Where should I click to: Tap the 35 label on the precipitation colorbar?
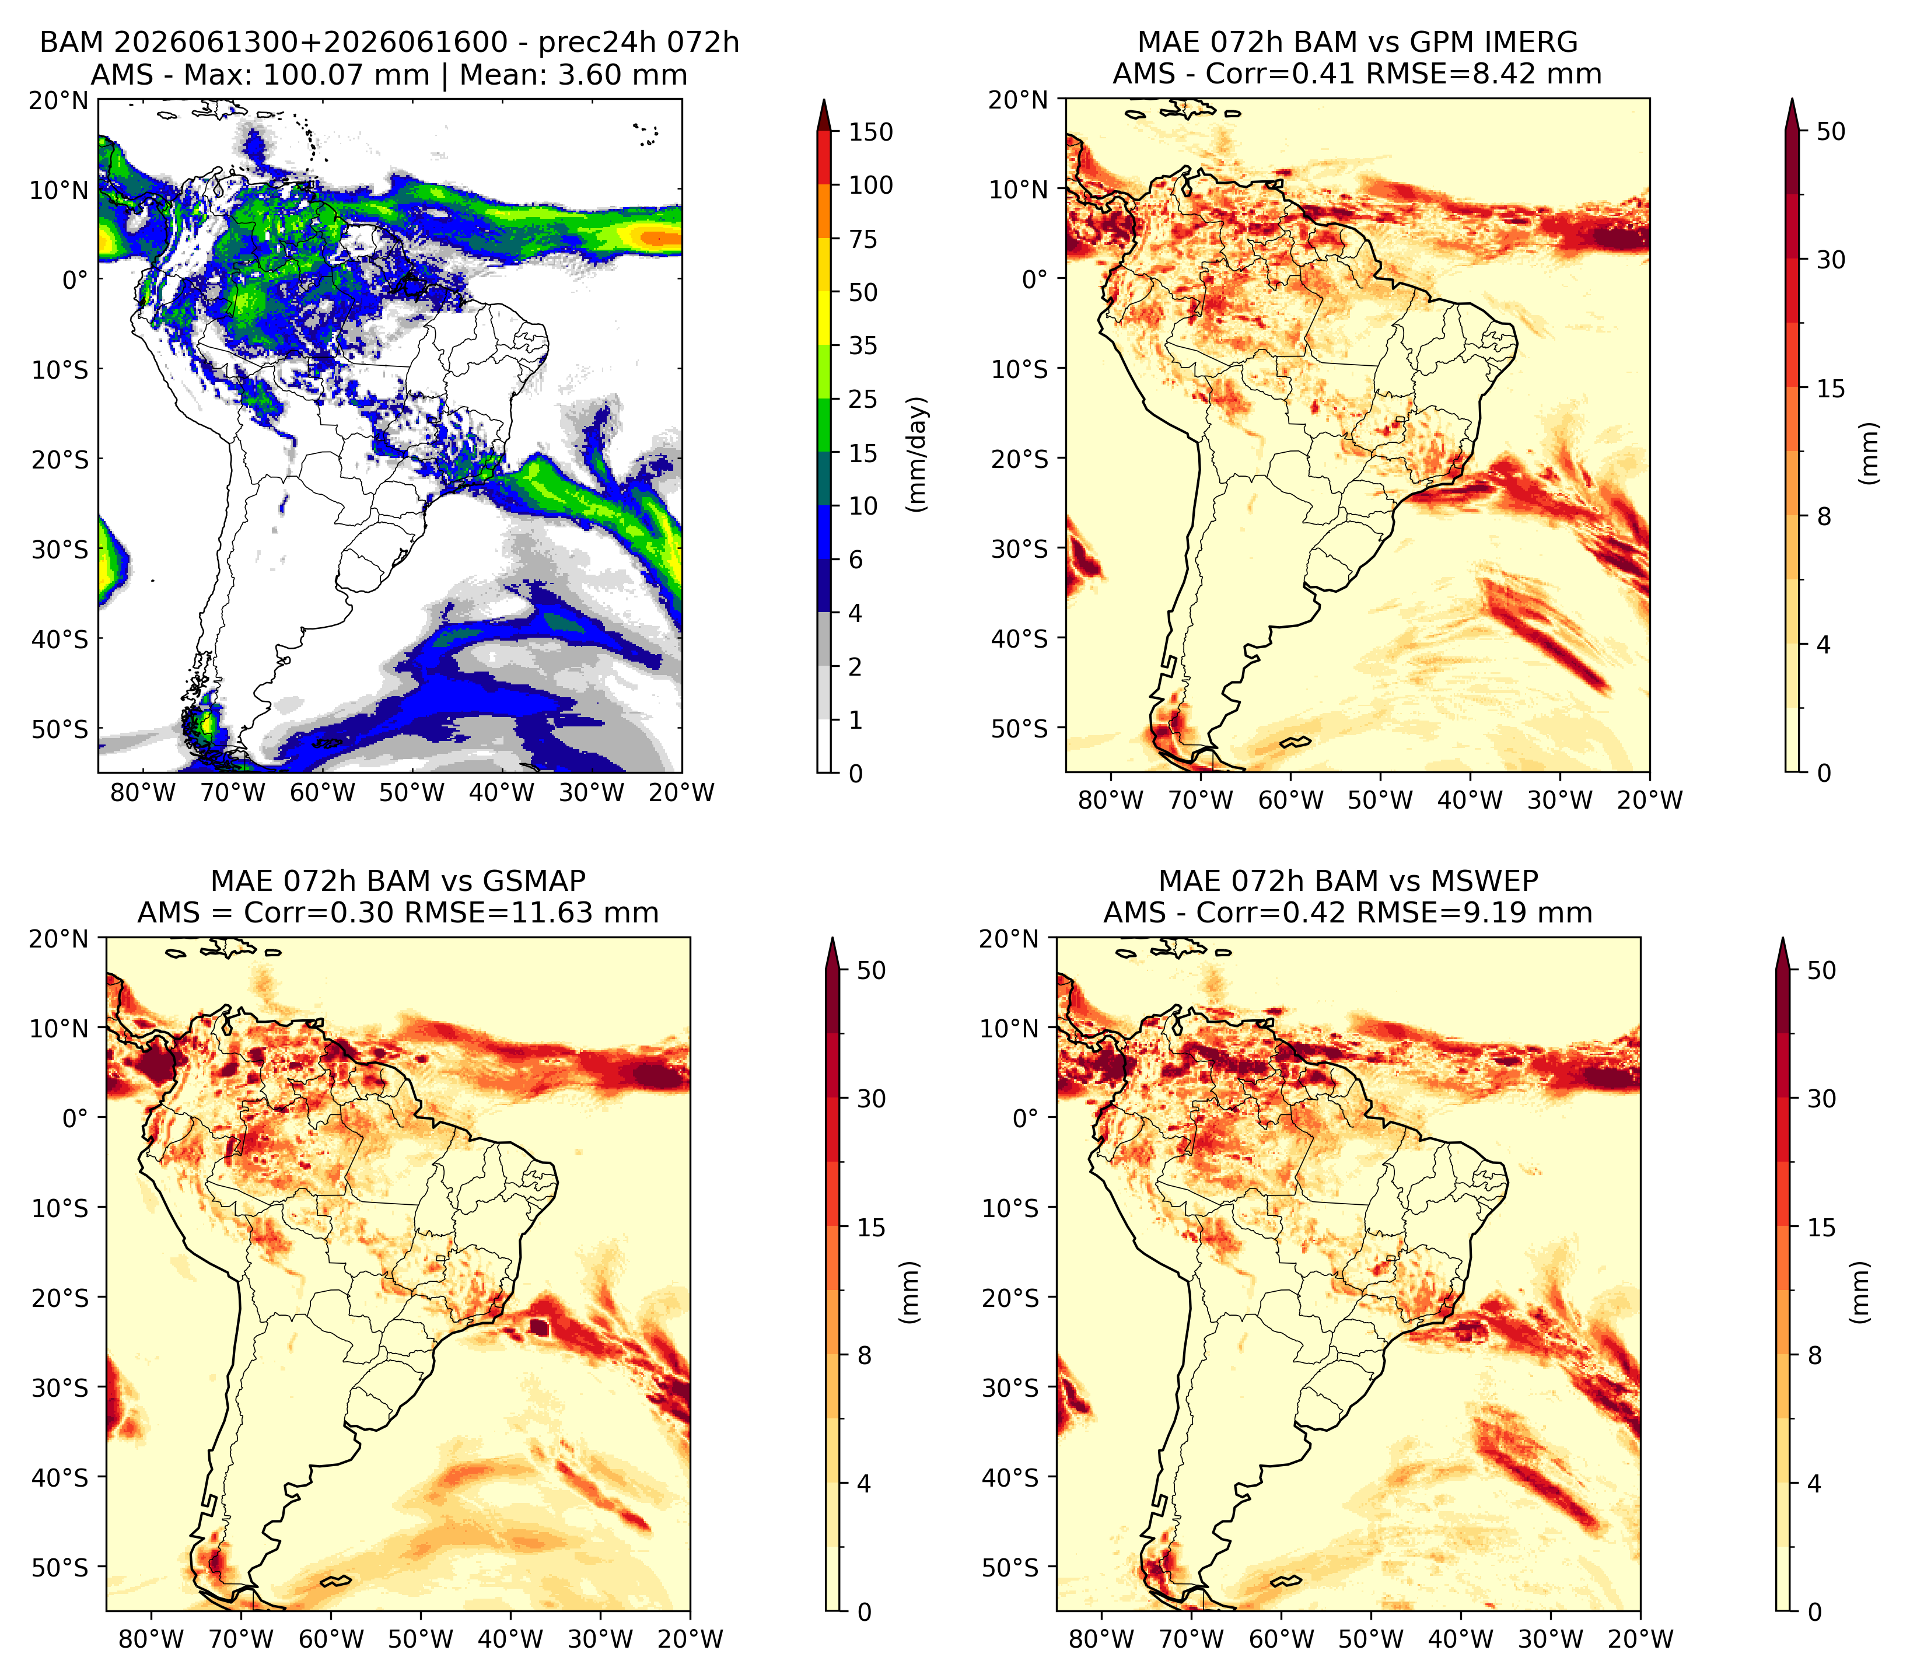coord(862,345)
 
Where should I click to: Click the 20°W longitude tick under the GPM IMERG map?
coord(1649,800)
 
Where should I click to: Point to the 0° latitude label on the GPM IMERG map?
coord(1034,278)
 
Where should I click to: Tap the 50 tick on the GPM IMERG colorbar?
coord(1831,132)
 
